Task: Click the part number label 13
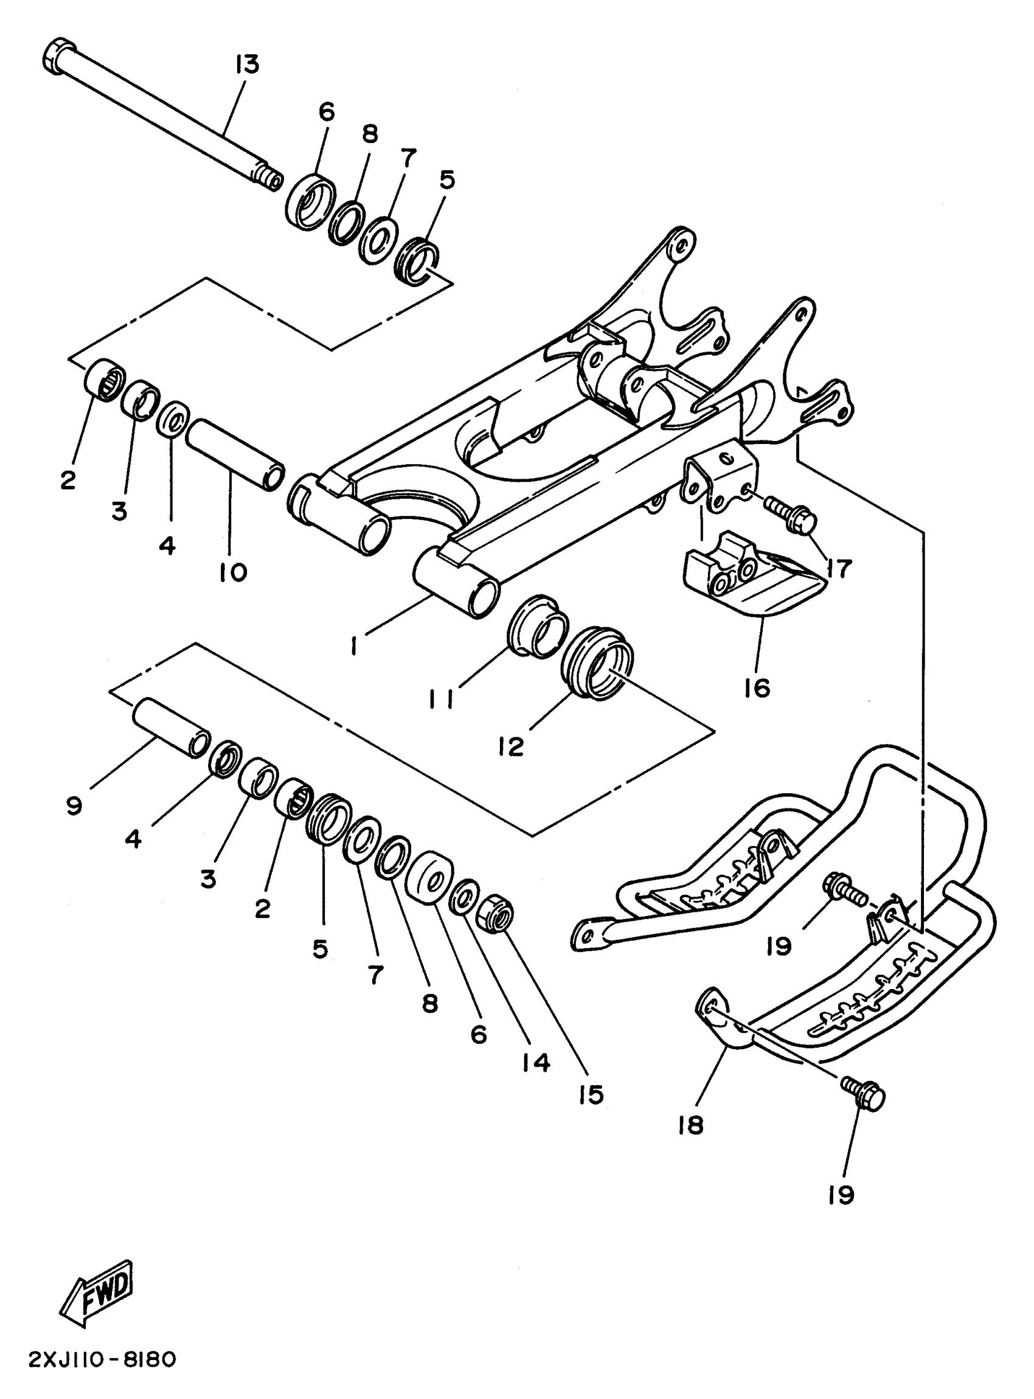click(x=247, y=65)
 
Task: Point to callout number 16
click(x=757, y=689)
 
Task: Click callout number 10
click(x=234, y=572)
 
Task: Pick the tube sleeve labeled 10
click(x=235, y=455)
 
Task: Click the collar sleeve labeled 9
click(x=169, y=729)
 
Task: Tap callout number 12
click(x=512, y=746)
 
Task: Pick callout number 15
click(x=590, y=1095)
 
